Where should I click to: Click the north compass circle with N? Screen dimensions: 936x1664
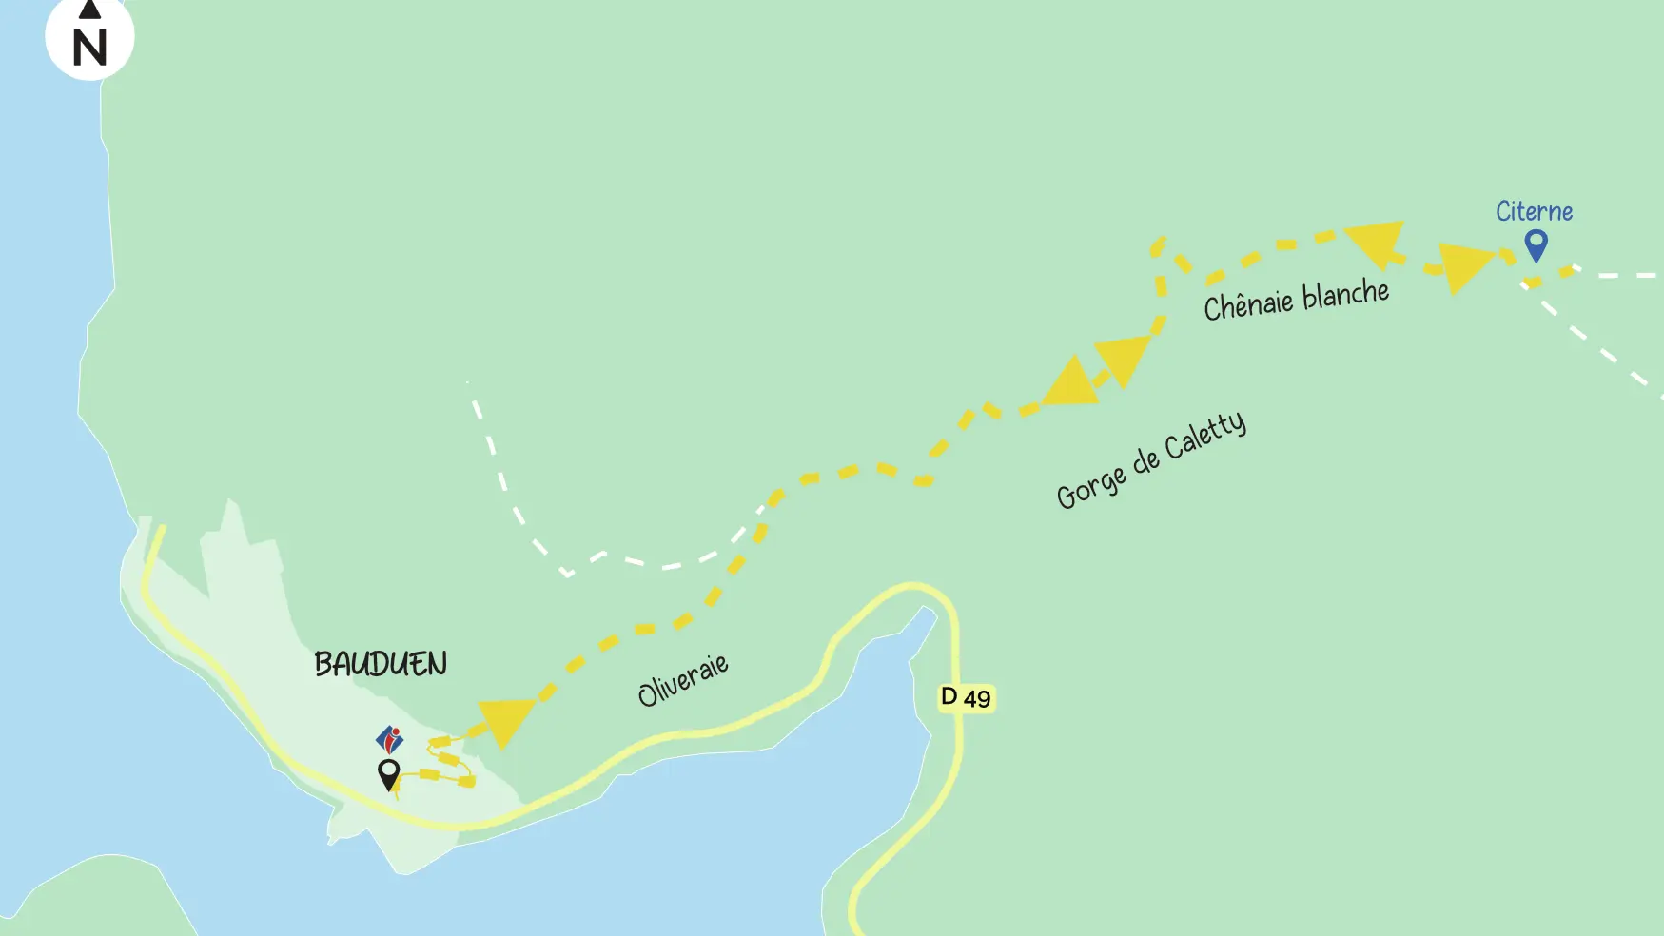tap(89, 38)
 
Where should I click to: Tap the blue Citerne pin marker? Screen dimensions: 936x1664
tap(1536, 244)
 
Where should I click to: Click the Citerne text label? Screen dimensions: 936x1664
tap(1534, 211)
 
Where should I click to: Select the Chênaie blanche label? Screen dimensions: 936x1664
tap(1296, 300)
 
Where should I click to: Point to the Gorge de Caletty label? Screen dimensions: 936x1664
tap(1151, 459)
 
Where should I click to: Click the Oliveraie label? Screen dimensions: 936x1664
tap(683, 679)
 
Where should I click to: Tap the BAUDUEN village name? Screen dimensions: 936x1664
tap(381, 664)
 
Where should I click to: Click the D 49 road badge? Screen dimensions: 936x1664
tap(966, 697)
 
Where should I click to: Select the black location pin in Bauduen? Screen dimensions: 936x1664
tap(388, 772)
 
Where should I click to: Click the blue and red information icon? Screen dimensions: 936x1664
tap(389, 738)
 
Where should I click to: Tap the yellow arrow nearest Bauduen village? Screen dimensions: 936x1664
tap(505, 722)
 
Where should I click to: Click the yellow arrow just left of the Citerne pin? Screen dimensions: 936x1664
tap(1465, 265)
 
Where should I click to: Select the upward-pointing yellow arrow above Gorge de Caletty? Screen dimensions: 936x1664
tap(1071, 382)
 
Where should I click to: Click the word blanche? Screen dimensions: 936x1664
tap(1345, 294)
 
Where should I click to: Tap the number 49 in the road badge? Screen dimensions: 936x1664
tap(977, 699)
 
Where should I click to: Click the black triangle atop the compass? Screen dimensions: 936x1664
tap(89, 10)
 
